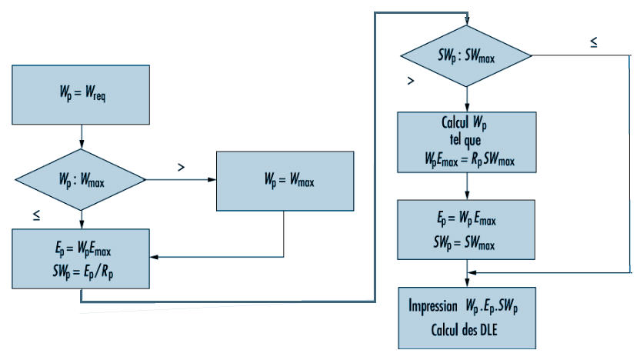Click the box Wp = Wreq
click(81, 95)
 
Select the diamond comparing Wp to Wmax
click(81, 179)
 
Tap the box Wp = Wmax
click(285, 181)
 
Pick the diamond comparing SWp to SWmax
click(466, 56)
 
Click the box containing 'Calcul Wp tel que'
click(466, 142)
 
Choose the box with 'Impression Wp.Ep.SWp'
click(467, 318)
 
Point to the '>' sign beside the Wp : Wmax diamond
click(182, 167)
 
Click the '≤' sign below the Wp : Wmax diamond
click(37, 215)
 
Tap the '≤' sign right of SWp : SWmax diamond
click(594, 42)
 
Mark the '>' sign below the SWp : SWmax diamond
click(411, 81)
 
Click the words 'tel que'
click(465, 140)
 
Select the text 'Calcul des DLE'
click(464, 330)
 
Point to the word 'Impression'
click(433, 305)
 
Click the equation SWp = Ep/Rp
click(83, 272)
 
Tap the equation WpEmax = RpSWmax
click(469, 159)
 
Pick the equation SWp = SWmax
click(464, 243)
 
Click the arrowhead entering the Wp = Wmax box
click(212, 179)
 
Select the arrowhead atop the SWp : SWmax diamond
click(467, 22)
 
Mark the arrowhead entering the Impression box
click(467, 283)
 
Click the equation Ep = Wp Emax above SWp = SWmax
click(466, 219)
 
